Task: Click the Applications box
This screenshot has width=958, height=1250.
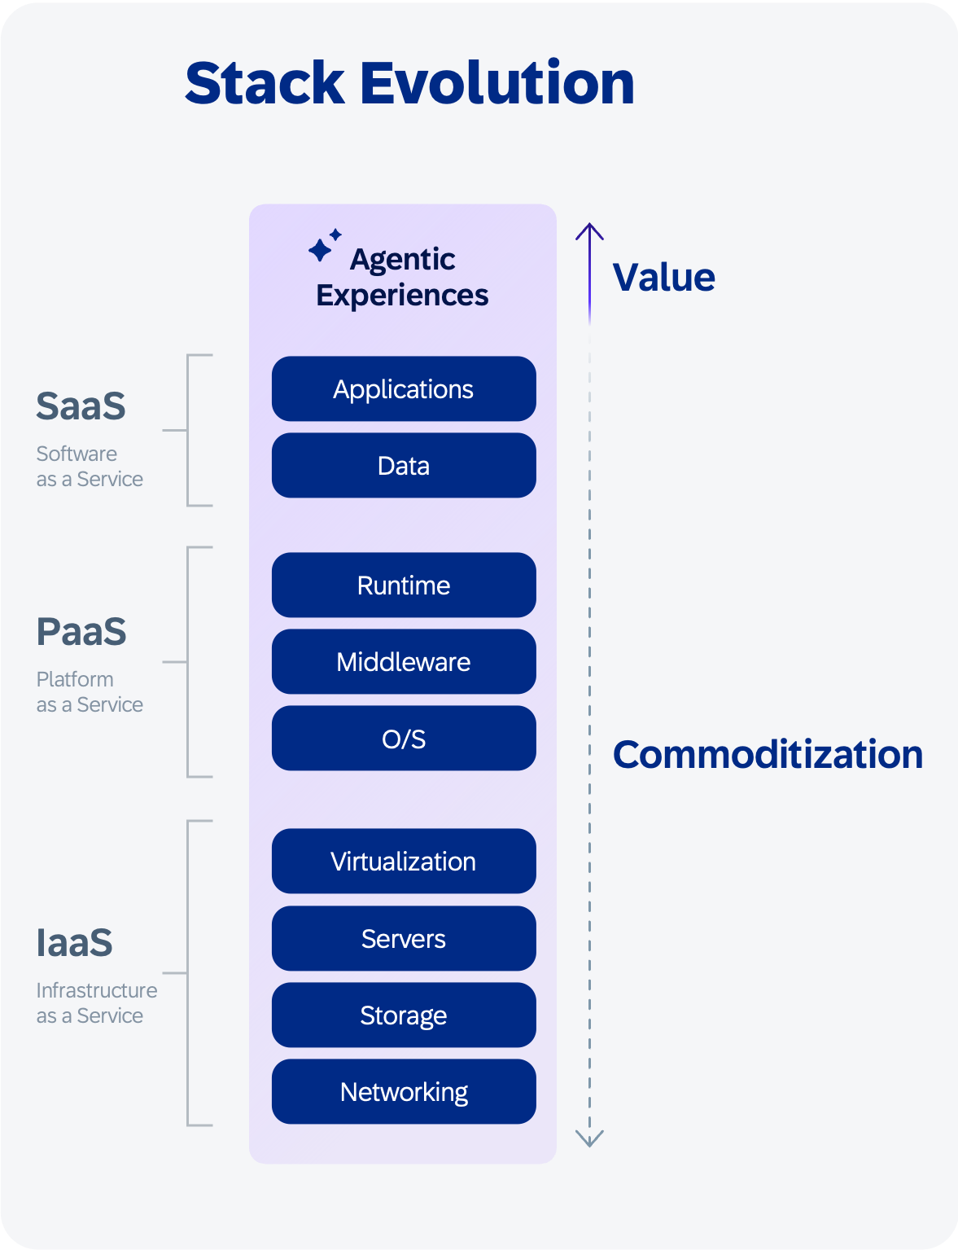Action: point(404,389)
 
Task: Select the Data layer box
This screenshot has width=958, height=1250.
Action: point(404,465)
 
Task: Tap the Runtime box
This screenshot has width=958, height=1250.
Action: point(404,585)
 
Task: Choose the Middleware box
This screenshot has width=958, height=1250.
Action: point(404,661)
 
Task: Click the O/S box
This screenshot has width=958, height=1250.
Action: point(404,738)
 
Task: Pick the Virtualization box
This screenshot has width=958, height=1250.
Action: point(404,861)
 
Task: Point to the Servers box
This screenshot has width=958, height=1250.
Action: point(404,938)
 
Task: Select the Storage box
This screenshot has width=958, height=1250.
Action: point(404,1015)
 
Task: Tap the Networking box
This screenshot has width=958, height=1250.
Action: point(404,1091)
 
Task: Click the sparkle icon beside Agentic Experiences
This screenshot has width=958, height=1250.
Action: point(325,246)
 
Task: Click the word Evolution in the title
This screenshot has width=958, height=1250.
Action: point(497,84)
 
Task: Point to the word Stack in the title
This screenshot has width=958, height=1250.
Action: point(265,84)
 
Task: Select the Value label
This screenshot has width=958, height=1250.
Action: point(663,277)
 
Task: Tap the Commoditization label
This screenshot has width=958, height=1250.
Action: point(768,754)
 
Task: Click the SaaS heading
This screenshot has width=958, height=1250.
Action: point(81,406)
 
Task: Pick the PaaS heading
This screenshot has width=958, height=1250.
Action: point(81,632)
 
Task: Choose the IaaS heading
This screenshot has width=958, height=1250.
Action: point(74,942)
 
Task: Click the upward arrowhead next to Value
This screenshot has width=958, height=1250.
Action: point(589,231)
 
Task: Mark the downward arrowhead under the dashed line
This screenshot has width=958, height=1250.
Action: point(589,1138)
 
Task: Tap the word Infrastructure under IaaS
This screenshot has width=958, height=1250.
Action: point(97,990)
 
